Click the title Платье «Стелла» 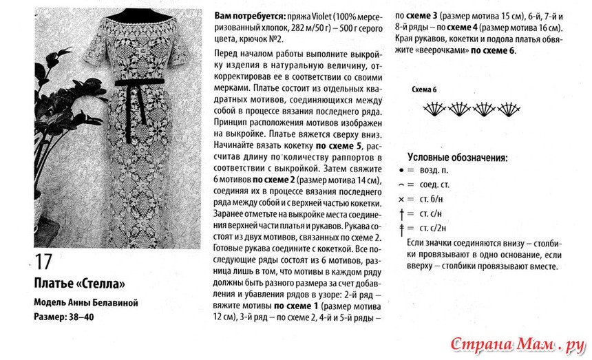(x=80, y=284)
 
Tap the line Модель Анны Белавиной (x=86, y=303)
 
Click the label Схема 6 (x=423, y=91)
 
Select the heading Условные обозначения (x=457, y=158)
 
